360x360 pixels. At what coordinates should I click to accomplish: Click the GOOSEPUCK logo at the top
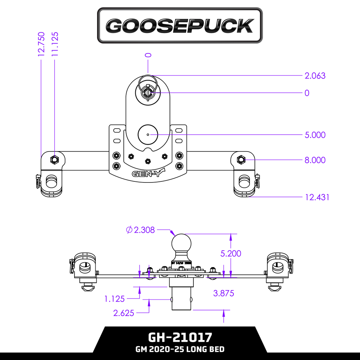(180, 26)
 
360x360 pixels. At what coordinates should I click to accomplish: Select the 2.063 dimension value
(315, 76)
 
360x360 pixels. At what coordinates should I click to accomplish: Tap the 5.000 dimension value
(315, 135)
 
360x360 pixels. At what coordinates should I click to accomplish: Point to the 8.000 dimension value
(315, 160)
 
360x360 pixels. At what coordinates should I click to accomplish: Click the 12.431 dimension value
(317, 197)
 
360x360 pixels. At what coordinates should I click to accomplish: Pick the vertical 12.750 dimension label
(41, 43)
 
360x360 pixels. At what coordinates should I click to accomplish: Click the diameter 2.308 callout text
(140, 230)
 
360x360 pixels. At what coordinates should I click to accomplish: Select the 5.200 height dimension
(231, 253)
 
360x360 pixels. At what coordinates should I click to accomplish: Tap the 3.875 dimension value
(224, 293)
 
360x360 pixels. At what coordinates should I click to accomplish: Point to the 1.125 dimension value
(115, 299)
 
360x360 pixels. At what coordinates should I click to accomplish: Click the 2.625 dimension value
(124, 313)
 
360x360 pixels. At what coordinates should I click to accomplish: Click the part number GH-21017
(180, 337)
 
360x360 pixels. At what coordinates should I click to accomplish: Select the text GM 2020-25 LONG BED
(180, 349)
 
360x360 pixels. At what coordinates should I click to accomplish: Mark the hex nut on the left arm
(54, 160)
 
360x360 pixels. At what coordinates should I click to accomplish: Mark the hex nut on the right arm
(241, 159)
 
